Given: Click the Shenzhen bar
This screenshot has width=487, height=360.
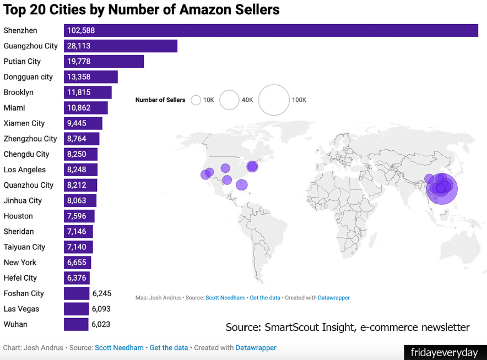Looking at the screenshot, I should coord(270,31).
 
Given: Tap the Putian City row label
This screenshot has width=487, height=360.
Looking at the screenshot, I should coord(22,62).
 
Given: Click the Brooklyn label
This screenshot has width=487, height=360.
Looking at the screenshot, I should coord(19,92).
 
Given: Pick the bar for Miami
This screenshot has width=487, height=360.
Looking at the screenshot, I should coord(85,108).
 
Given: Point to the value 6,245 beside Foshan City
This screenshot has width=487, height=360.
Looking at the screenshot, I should coord(102,293).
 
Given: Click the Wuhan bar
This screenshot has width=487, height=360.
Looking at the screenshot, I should coord(76,324).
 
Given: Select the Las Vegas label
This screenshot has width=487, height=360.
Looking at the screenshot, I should coord(21,309).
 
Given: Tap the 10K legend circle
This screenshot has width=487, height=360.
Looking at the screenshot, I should coord(196,100).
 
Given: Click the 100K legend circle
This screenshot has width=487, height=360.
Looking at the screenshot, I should coord(274,100).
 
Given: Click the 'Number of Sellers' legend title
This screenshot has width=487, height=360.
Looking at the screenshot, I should coord(160,100).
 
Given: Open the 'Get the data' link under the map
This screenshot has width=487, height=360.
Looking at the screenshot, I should coord(265,298).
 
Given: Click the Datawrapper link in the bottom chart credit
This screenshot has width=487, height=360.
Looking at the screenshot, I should coord(256,348).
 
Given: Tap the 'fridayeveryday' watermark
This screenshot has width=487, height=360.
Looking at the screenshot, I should coord(444,351).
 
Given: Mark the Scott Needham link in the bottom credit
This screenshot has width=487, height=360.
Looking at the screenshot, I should coord(119,348).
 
